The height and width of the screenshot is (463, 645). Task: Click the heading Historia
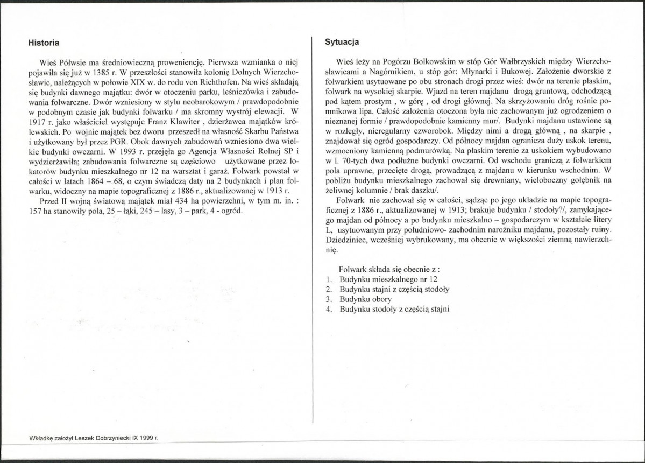[x=44, y=42]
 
